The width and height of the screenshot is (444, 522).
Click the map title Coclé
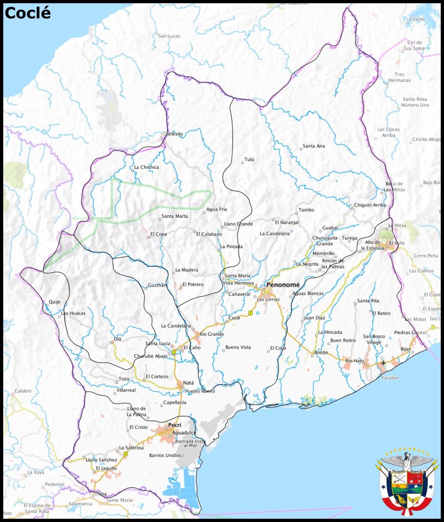pos(28,13)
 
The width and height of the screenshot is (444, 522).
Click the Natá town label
pos(188,382)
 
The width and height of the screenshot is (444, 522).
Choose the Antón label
pos(321,353)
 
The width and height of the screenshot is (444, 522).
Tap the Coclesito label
pos(173,134)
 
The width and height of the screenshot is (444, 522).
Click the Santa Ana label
pos(314,146)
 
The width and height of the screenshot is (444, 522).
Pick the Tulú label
pos(249,160)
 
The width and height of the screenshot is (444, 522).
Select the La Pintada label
pos(231,247)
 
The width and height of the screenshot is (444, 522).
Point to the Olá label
pos(118,338)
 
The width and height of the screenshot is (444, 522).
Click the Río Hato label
pos(355,361)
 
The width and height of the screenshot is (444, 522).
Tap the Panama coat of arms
pos(406,482)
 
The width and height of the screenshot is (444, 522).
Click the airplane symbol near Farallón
pos(383,362)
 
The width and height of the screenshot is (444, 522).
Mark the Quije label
pos(55,302)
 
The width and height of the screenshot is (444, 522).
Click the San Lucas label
pos(169,36)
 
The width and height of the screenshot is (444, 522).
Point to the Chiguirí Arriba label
pos(370,205)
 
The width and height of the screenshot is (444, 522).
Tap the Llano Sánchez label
pos(99,460)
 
